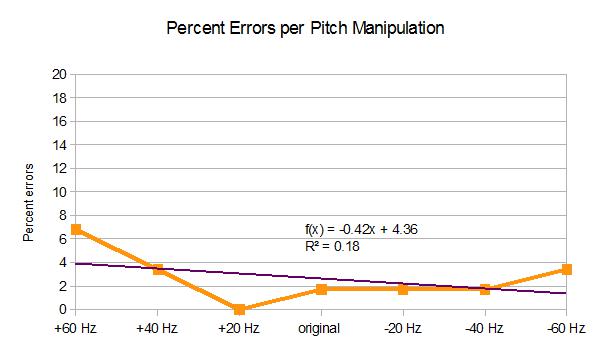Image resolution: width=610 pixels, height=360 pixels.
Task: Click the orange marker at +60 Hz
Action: [x=77, y=230]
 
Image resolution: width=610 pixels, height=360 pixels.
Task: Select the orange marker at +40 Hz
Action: [x=158, y=269]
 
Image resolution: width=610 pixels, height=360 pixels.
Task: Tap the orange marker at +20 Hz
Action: [x=240, y=309]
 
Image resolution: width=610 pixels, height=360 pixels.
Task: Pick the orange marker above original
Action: [x=321, y=289]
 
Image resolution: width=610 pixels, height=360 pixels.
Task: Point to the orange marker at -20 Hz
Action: [x=403, y=289]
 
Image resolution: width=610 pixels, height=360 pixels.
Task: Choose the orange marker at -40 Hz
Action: [x=485, y=289]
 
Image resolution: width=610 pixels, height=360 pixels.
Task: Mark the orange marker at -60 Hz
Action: [x=566, y=269]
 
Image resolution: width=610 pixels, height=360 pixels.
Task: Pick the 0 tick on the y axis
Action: [x=62, y=309]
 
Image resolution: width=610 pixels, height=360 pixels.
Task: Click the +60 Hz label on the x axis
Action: [x=77, y=328]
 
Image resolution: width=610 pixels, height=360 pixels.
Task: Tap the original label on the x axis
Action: [x=321, y=328]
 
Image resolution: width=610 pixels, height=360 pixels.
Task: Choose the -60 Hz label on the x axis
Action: [x=566, y=328]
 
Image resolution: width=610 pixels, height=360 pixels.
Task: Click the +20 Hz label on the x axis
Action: [x=240, y=328]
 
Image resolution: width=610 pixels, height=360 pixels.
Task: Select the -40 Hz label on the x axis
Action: [x=485, y=328]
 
